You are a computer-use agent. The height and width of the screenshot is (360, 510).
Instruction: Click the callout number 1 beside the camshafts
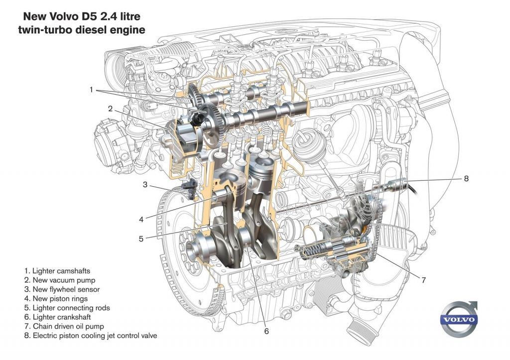[x=91, y=90]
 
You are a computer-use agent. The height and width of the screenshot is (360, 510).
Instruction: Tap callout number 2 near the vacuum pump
[x=111, y=108]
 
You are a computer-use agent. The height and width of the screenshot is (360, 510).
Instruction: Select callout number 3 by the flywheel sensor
[x=145, y=185]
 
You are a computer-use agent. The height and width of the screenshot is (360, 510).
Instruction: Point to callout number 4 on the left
[x=141, y=219]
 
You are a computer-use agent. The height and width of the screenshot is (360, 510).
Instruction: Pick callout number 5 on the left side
[x=141, y=239]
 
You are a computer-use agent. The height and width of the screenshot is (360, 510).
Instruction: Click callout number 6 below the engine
[x=266, y=330]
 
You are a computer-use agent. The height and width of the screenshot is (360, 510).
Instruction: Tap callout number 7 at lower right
[x=423, y=280]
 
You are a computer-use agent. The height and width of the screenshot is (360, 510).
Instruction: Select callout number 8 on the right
[x=466, y=178]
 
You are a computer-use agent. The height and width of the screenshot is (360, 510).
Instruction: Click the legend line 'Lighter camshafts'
[x=57, y=271]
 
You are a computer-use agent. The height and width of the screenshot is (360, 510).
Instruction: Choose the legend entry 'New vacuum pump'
[x=60, y=280]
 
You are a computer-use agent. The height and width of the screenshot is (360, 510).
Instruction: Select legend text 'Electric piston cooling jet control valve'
[x=90, y=336]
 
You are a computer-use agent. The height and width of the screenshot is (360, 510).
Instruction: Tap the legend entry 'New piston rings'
[x=56, y=299]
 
